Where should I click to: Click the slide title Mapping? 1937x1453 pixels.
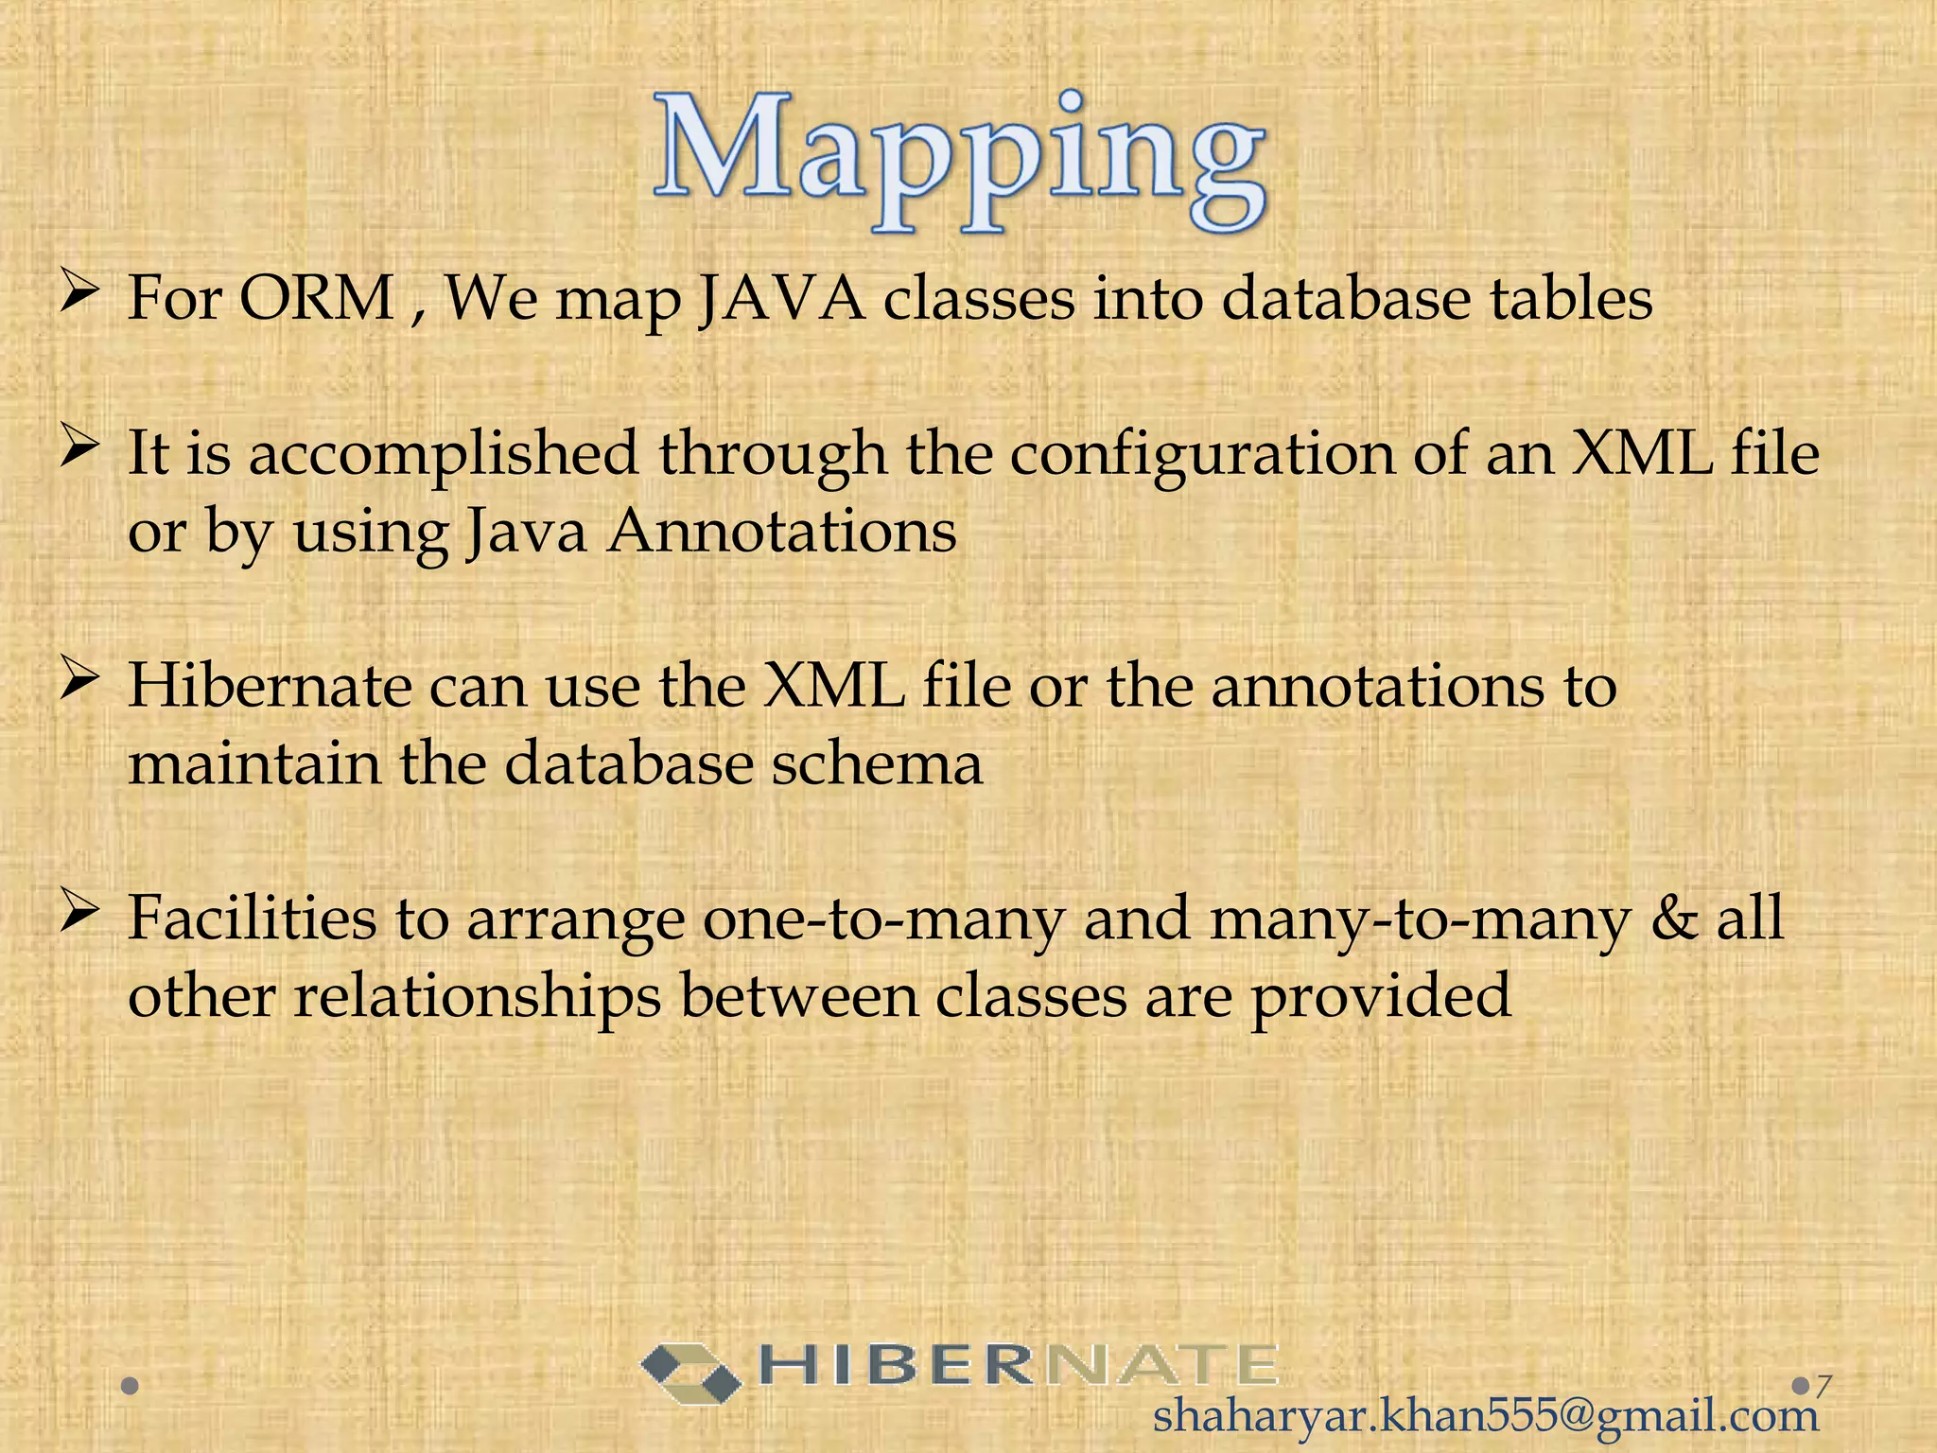coord(959,163)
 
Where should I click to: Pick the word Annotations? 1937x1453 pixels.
coord(781,532)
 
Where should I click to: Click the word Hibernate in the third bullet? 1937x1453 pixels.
coord(270,686)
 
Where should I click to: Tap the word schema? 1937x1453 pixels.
coord(877,764)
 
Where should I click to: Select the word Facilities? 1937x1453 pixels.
coord(252,919)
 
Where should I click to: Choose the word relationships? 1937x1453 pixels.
coord(478,998)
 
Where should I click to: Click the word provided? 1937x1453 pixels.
coord(1382,998)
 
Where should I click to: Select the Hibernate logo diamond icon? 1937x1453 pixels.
coord(690,1373)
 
